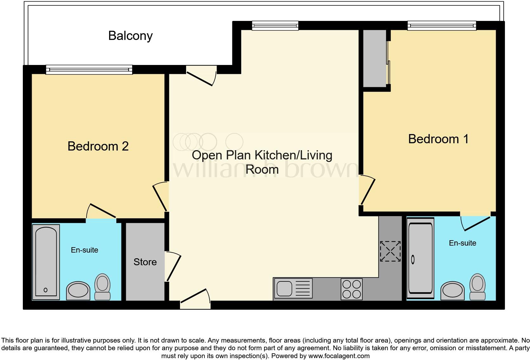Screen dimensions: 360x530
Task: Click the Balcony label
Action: click(x=130, y=35)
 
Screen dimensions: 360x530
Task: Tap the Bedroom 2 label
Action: click(x=98, y=146)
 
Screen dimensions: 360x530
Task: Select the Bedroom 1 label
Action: click(x=438, y=139)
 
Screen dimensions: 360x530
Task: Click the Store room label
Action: click(x=145, y=262)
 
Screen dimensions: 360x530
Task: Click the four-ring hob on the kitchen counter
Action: click(x=352, y=289)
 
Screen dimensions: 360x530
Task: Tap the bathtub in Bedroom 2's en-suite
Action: click(x=46, y=262)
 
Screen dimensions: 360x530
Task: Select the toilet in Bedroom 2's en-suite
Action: click(x=102, y=287)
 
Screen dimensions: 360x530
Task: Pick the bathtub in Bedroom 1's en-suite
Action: click(x=420, y=259)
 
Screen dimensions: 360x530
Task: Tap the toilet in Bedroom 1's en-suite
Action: click(x=477, y=286)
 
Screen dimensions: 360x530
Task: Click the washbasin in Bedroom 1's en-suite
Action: click(x=453, y=290)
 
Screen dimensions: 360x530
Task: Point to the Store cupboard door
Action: click(x=172, y=266)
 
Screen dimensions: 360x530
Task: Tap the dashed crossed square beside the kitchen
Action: click(x=390, y=251)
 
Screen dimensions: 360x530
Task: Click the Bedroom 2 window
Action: click(x=89, y=70)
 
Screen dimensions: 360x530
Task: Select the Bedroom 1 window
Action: click(x=442, y=26)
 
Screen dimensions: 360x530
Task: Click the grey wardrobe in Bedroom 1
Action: click(x=374, y=58)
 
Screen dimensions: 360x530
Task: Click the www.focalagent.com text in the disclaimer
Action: click(x=339, y=356)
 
